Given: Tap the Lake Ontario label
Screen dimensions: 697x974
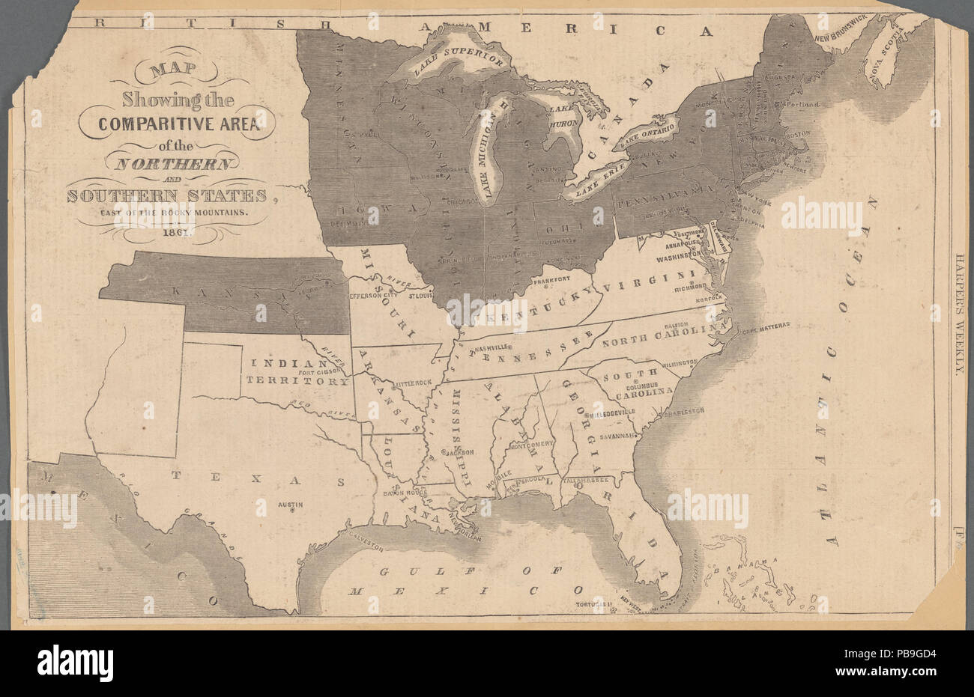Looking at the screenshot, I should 647,134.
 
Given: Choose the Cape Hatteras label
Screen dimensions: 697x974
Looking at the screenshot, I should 766,327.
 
